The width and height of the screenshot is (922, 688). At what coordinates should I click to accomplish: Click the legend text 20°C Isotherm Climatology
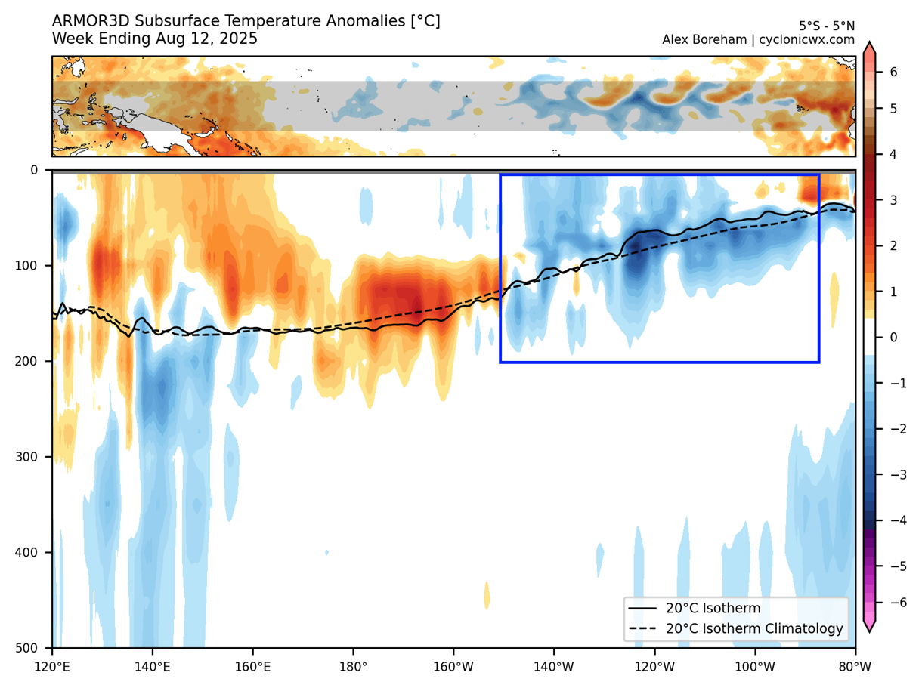pos(754,628)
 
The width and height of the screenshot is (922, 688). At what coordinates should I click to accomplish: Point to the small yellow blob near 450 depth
pos(487,595)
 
